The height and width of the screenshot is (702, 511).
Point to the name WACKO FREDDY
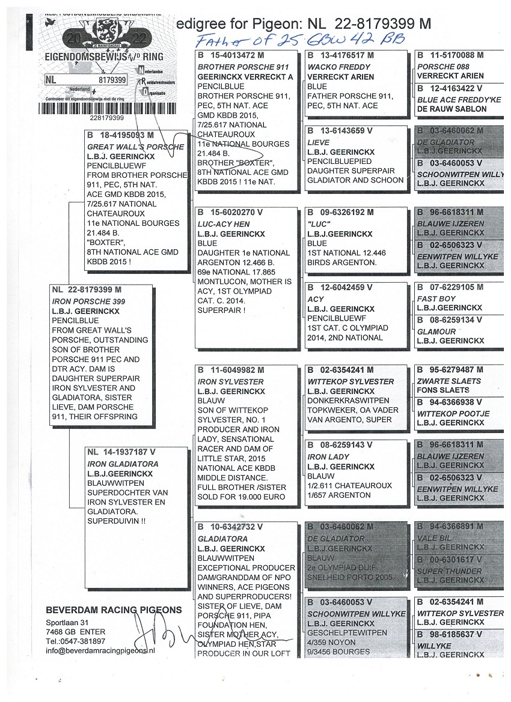[x=331, y=67]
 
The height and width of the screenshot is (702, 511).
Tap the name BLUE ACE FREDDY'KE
[x=459, y=100]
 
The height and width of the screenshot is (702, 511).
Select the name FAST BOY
[x=436, y=298]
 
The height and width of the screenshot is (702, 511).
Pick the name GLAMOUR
[x=436, y=331]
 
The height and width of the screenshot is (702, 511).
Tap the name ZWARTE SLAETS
[x=449, y=381]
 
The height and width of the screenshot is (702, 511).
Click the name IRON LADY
[x=328, y=456]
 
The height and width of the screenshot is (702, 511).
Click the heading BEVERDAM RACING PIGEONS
[x=114, y=610]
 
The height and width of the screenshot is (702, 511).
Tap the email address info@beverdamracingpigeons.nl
[x=100, y=650]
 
